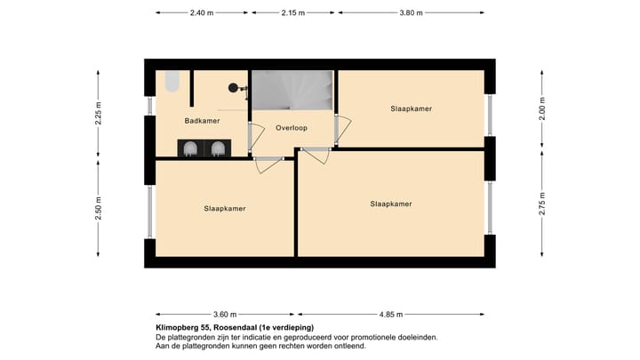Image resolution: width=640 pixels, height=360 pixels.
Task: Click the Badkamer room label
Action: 202,120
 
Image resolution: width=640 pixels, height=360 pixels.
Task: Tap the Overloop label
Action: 292,127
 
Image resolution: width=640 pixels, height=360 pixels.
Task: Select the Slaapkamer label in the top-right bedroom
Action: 411,108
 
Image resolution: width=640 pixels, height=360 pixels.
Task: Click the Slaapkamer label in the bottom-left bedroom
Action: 224,208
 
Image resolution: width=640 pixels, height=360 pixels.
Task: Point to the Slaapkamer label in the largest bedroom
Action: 391,204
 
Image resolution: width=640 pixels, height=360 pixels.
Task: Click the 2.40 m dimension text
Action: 202,13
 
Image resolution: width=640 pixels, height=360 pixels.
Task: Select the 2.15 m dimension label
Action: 293,13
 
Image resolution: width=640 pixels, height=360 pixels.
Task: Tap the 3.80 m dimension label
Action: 411,13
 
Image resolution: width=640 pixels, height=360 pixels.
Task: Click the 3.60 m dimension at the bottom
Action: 226,314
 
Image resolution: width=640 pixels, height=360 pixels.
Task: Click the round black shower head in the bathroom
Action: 233,87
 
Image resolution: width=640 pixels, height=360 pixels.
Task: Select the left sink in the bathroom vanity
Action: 190,148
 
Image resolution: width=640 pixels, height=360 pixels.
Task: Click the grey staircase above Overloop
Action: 292,90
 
